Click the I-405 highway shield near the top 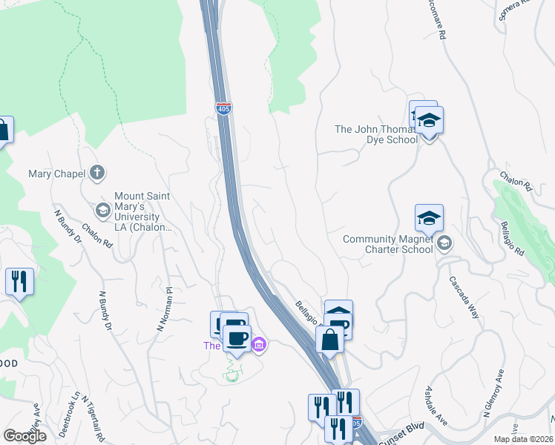pyautogui.click(x=223, y=108)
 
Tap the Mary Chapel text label pyautogui.click(x=57, y=174)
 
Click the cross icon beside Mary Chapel pyautogui.click(x=96, y=174)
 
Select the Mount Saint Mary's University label pyautogui.click(x=142, y=211)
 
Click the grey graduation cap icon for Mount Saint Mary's pyautogui.click(x=103, y=210)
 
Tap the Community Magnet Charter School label pyautogui.click(x=388, y=244)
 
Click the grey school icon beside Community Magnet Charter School pyautogui.click(x=444, y=243)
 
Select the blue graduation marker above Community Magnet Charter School pyautogui.click(x=429, y=218)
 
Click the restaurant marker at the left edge pyautogui.click(x=19, y=282)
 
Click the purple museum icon pyautogui.click(x=259, y=344)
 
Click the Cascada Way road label pyautogui.click(x=464, y=297)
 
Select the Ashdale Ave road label pyautogui.click(x=436, y=406)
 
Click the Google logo pyautogui.click(x=24, y=436)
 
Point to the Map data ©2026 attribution pyautogui.click(x=523, y=439)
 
